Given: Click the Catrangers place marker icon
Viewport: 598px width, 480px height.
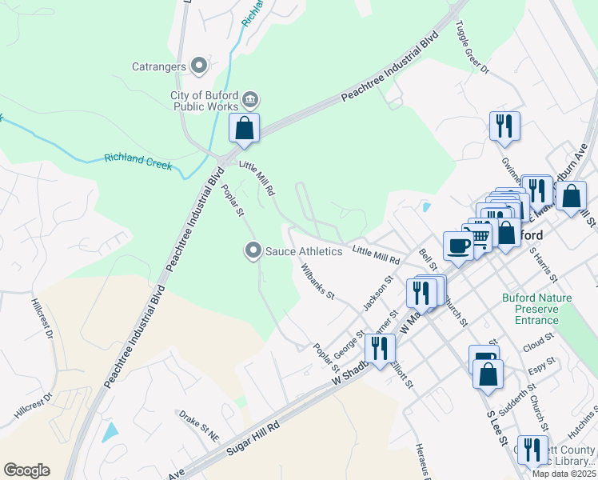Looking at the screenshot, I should click(200, 66).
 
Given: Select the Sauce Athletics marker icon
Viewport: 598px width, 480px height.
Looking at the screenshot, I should click(253, 251).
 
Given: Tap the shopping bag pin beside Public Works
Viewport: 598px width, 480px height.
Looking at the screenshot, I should click(245, 129).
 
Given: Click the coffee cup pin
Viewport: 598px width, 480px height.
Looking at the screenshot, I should click(458, 246).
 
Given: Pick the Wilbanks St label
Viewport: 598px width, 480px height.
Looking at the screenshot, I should click(317, 281).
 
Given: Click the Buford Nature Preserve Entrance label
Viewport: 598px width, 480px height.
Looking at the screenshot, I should click(529, 310).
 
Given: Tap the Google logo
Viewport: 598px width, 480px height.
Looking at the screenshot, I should click(26, 470).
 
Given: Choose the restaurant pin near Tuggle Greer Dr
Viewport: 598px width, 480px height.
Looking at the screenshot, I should click(504, 126).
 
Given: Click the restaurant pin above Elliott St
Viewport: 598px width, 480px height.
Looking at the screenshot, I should click(380, 348).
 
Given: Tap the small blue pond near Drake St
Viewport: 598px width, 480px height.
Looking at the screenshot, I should click(110, 432).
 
